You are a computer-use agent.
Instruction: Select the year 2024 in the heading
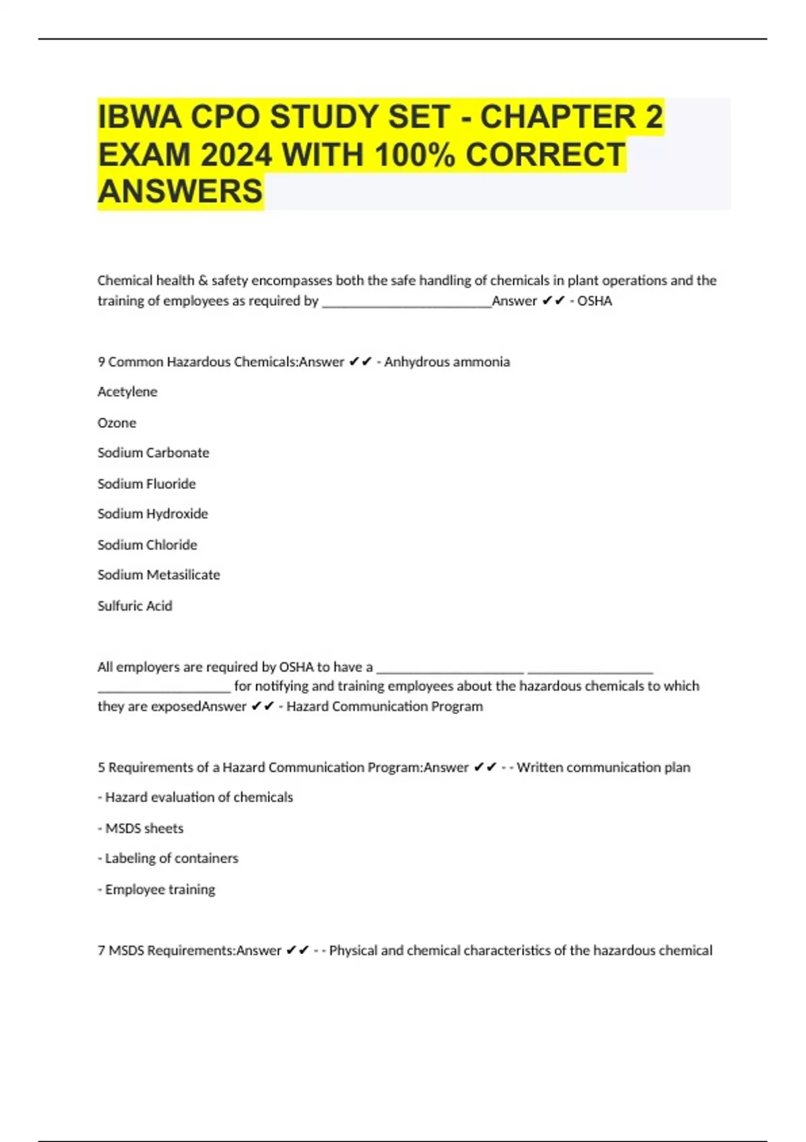pos(236,155)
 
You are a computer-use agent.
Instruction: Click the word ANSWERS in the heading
pos(180,191)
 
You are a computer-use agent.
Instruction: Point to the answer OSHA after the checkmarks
pos(594,301)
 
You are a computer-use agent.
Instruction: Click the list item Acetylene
pos(127,392)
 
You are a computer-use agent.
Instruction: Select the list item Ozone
pos(117,423)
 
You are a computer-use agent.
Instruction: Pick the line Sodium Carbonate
pos(153,453)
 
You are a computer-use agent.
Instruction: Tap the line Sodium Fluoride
pos(146,484)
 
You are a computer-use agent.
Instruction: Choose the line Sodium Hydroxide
pos(152,514)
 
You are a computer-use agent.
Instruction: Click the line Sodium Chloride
pos(147,545)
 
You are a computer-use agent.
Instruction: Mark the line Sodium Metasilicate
pos(159,575)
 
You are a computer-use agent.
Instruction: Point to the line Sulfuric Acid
pos(134,606)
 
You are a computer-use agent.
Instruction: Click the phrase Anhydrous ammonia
pos(447,362)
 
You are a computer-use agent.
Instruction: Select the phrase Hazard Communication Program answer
pos(384,707)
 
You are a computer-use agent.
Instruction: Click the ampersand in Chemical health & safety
pos(203,281)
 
